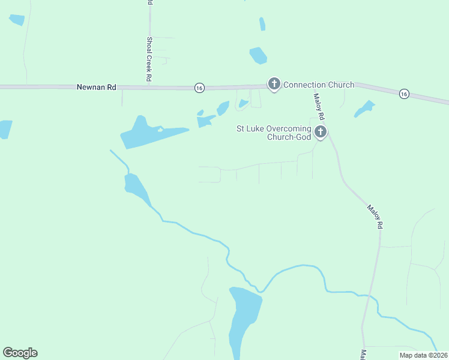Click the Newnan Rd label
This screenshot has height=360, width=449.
coord(96,87)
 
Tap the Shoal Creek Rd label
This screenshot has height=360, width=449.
coord(149,59)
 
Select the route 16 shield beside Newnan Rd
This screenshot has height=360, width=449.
coord(199,88)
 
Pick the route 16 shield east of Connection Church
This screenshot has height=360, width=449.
coord(404,94)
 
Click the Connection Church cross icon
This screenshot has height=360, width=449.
coord(274,83)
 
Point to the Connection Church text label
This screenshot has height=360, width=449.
coord(319,85)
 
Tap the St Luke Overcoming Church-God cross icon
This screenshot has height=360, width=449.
coord(321,131)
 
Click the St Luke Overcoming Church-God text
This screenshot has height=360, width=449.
coord(274,133)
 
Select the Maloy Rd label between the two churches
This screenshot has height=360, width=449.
coord(319,106)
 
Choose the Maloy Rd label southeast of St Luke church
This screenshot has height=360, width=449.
coord(375,217)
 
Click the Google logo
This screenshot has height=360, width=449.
coord(20,353)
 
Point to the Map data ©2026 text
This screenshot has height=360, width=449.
coord(423,355)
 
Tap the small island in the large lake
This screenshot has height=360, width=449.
coord(160,129)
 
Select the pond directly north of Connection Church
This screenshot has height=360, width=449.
coord(258,55)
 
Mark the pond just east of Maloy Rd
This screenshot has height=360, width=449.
coord(364,109)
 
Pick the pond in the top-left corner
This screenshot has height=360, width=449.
coord(17,19)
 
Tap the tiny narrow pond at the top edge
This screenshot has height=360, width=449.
coord(262,24)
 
